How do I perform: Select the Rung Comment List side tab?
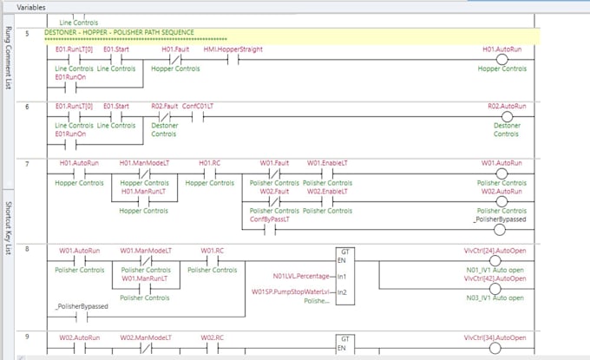(9, 57)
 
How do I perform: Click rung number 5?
(28, 33)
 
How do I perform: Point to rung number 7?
(28, 163)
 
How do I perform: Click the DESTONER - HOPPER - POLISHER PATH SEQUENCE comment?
(119, 32)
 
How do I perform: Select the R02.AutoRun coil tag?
(507, 106)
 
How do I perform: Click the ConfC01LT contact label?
(199, 106)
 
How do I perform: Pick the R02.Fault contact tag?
(164, 106)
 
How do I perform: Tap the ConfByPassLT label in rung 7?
(270, 219)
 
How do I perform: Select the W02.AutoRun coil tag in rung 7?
(504, 192)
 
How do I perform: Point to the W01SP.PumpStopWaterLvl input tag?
(292, 291)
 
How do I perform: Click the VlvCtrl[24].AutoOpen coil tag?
(495, 251)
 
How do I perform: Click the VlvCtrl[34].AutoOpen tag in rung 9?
(495, 337)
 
